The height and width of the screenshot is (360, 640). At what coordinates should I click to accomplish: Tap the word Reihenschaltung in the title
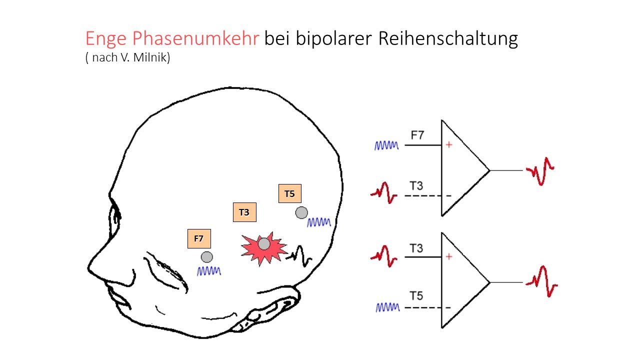447,39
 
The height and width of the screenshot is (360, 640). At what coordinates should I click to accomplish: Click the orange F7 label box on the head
198,238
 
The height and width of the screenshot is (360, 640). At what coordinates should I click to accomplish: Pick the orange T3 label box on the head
244,212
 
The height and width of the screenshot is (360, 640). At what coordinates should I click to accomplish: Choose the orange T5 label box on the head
289,194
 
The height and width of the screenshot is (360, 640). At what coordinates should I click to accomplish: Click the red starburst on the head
263,247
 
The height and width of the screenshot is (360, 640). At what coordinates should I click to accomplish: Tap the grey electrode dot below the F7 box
206,257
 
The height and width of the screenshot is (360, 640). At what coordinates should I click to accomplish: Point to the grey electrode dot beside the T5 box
301,212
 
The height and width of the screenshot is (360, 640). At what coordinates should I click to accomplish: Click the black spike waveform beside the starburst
299,255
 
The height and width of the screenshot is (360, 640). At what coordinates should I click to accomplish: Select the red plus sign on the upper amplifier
449,145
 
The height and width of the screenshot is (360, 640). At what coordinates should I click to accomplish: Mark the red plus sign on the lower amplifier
449,256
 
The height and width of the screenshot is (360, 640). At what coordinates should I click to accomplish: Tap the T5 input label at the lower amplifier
416,296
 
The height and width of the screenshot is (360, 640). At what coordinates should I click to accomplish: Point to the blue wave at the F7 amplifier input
386,145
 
